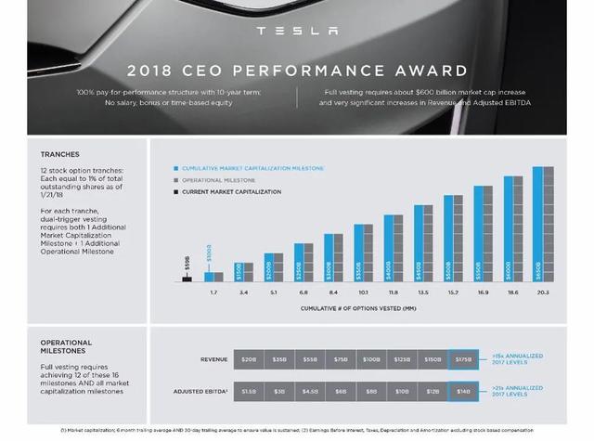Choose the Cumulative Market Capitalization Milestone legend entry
click(x=252, y=168)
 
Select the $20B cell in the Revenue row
click(x=249, y=358)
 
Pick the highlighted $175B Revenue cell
click(x=462, y=358)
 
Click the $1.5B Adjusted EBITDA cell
click(x=249, y=392)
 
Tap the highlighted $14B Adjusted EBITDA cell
click(x=462, y=392)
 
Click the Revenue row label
click(x=213, y=358)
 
